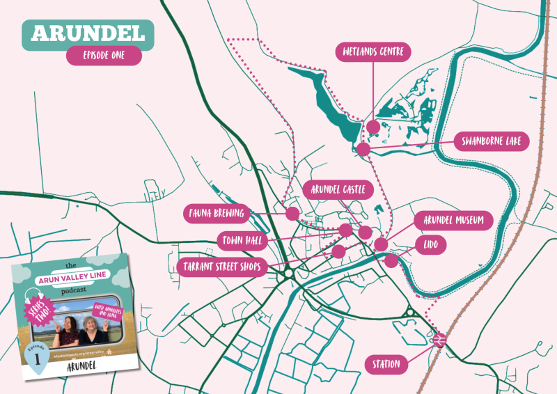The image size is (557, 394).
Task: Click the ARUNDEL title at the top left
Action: coord(88,33)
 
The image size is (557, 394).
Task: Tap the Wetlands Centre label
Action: coord(373,52)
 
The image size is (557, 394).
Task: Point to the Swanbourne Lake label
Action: coord(491,142)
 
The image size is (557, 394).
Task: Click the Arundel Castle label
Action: coord(339,189)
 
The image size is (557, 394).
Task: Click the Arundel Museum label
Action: coord(453,221)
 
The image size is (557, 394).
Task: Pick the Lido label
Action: coord(431,244)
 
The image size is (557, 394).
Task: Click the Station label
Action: coord(386,364)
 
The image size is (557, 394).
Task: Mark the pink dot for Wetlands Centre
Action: coord(373,127)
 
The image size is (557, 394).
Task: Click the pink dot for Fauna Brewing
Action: coord(292,214)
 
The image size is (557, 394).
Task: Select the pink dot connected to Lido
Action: coord(391,260)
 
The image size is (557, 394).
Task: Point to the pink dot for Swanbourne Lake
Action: coord(363,148)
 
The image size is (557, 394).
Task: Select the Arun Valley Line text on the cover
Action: coord(70,280)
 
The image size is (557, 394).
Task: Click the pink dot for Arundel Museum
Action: coord(380,244)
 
